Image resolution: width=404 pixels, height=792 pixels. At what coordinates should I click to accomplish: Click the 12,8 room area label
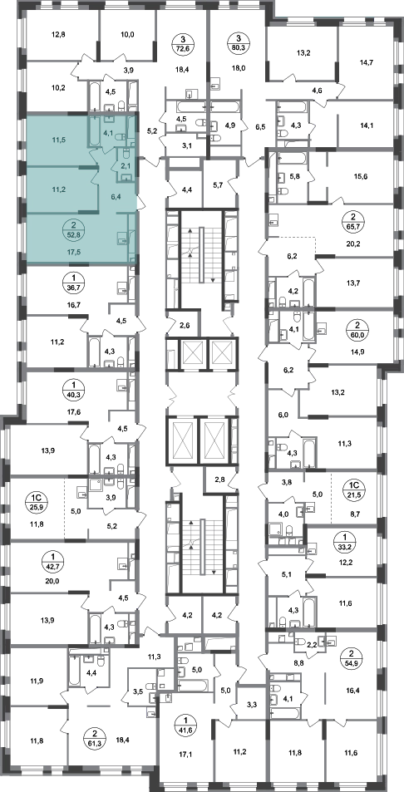point(59,36)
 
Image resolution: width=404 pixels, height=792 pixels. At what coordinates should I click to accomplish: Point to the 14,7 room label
point(365,62)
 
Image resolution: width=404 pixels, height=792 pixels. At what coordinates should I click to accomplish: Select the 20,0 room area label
point(52,568)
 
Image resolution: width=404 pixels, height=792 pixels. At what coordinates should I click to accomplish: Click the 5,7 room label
point(219,184)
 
